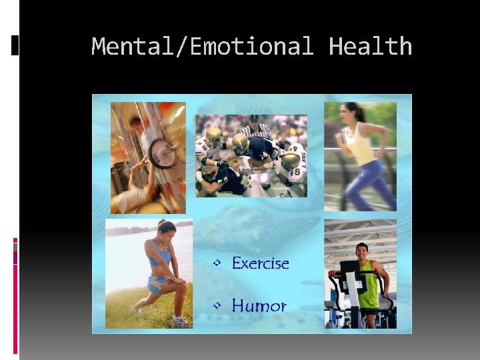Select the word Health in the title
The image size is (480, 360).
[371, 47]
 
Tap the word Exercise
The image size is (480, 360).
[260, 263]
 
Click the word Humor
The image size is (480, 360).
[259, 306]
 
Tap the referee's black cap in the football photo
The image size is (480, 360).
[254, 119]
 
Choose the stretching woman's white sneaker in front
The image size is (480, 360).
[179, 321]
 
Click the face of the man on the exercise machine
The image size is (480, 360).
[361, 252]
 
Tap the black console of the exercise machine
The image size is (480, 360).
[349, 270]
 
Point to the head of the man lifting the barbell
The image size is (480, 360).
[135, 123]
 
